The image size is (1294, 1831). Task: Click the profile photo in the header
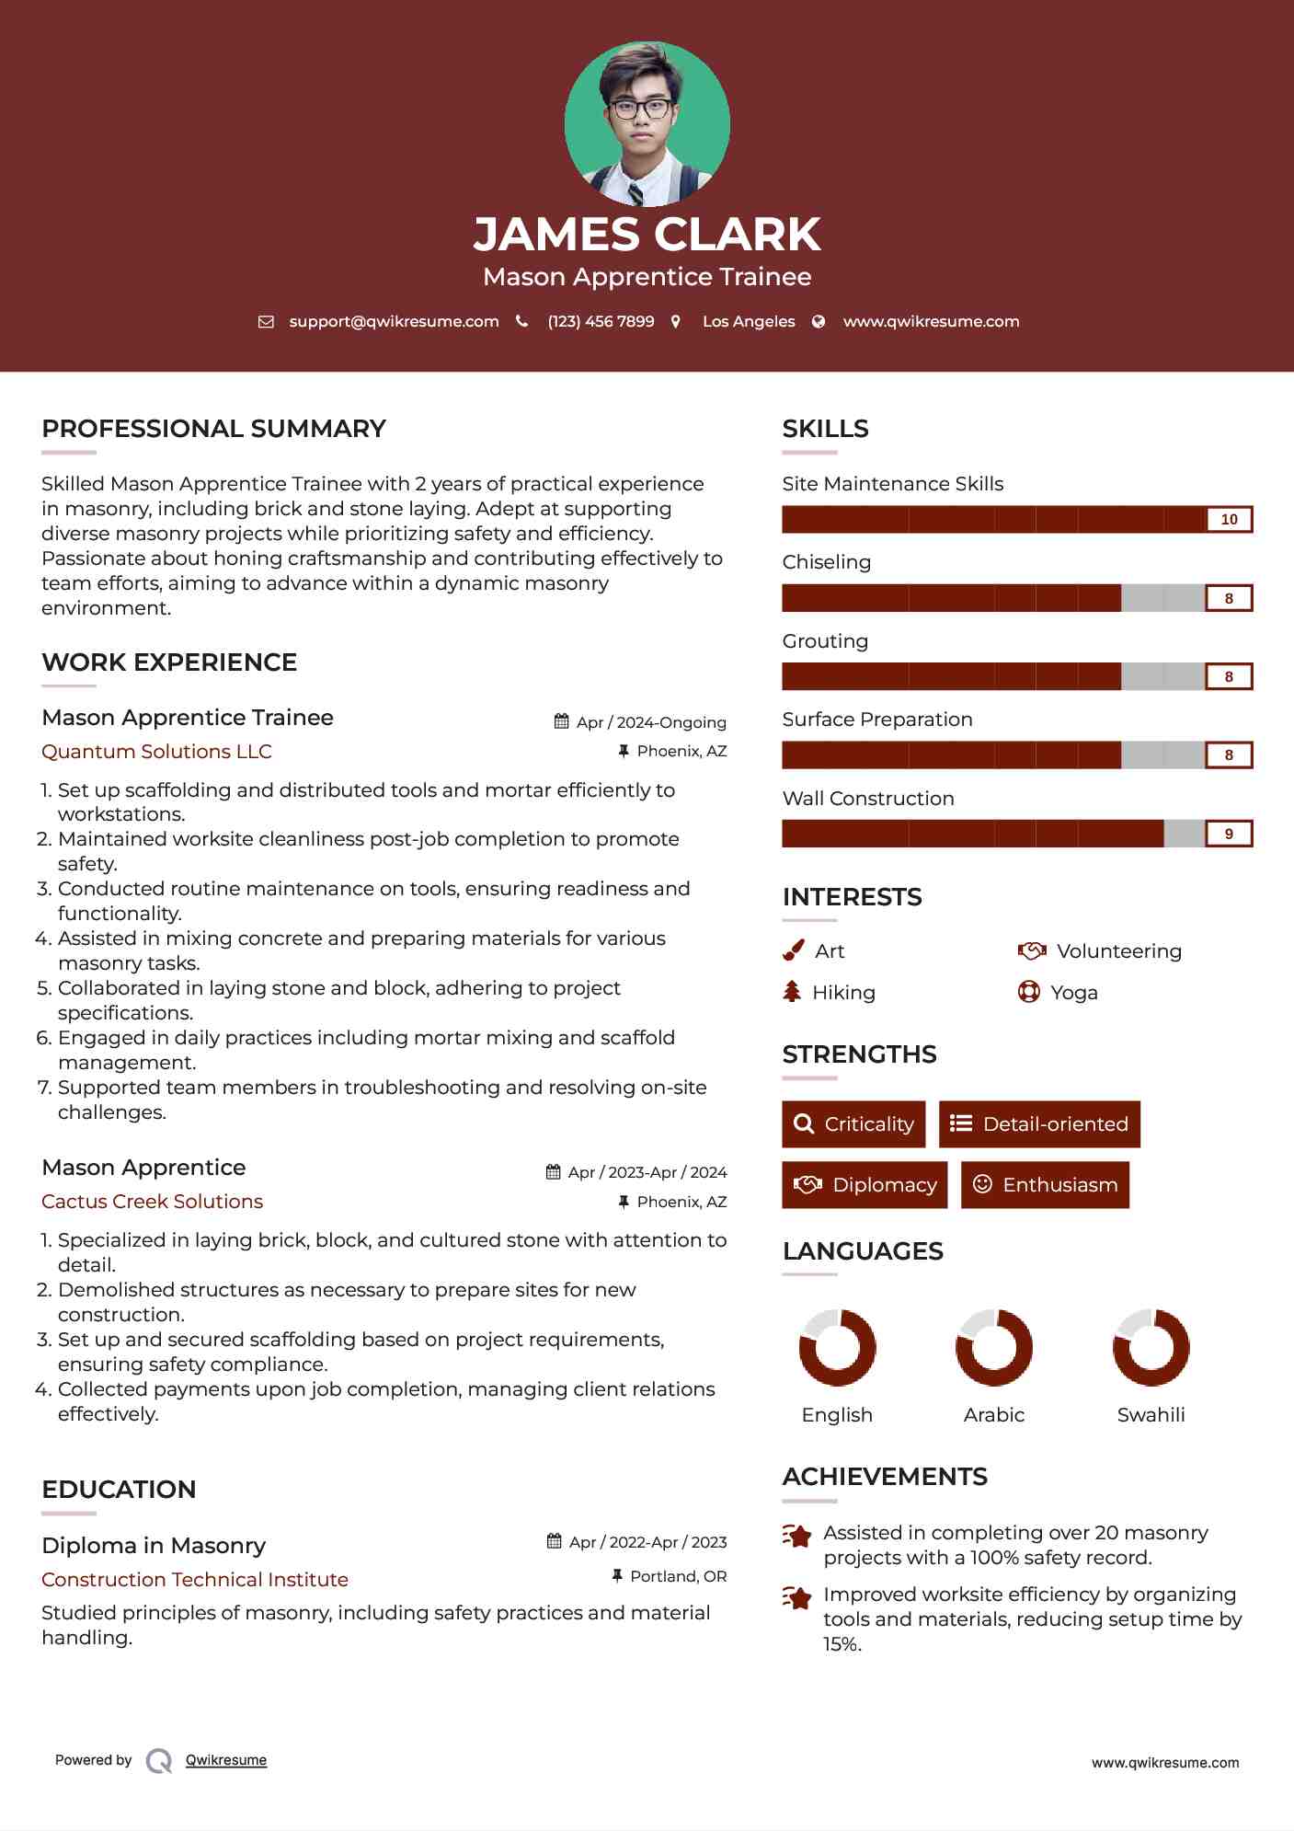647,123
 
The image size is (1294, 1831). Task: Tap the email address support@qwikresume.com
394,321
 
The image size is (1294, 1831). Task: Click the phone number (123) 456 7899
601,321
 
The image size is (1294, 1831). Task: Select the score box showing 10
1229,519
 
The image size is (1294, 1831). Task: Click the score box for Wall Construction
1229,834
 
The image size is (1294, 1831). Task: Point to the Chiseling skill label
826,562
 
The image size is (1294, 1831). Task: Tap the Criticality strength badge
853,1123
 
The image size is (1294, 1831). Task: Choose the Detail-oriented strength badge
1039,1123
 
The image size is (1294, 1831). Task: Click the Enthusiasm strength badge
1045,1184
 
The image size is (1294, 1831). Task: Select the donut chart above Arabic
993,1347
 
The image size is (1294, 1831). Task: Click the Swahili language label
1151,1414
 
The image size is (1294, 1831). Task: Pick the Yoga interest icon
1028,992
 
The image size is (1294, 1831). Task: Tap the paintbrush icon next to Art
793,950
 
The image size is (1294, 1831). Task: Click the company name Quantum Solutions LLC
156,751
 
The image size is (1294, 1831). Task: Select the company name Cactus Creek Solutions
152,1201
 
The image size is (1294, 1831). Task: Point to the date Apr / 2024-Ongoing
650,722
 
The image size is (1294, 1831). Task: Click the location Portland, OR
678,1576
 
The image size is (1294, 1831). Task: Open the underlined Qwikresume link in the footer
226,1760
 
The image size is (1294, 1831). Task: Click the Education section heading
119,1489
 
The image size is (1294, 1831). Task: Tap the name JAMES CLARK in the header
647,234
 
